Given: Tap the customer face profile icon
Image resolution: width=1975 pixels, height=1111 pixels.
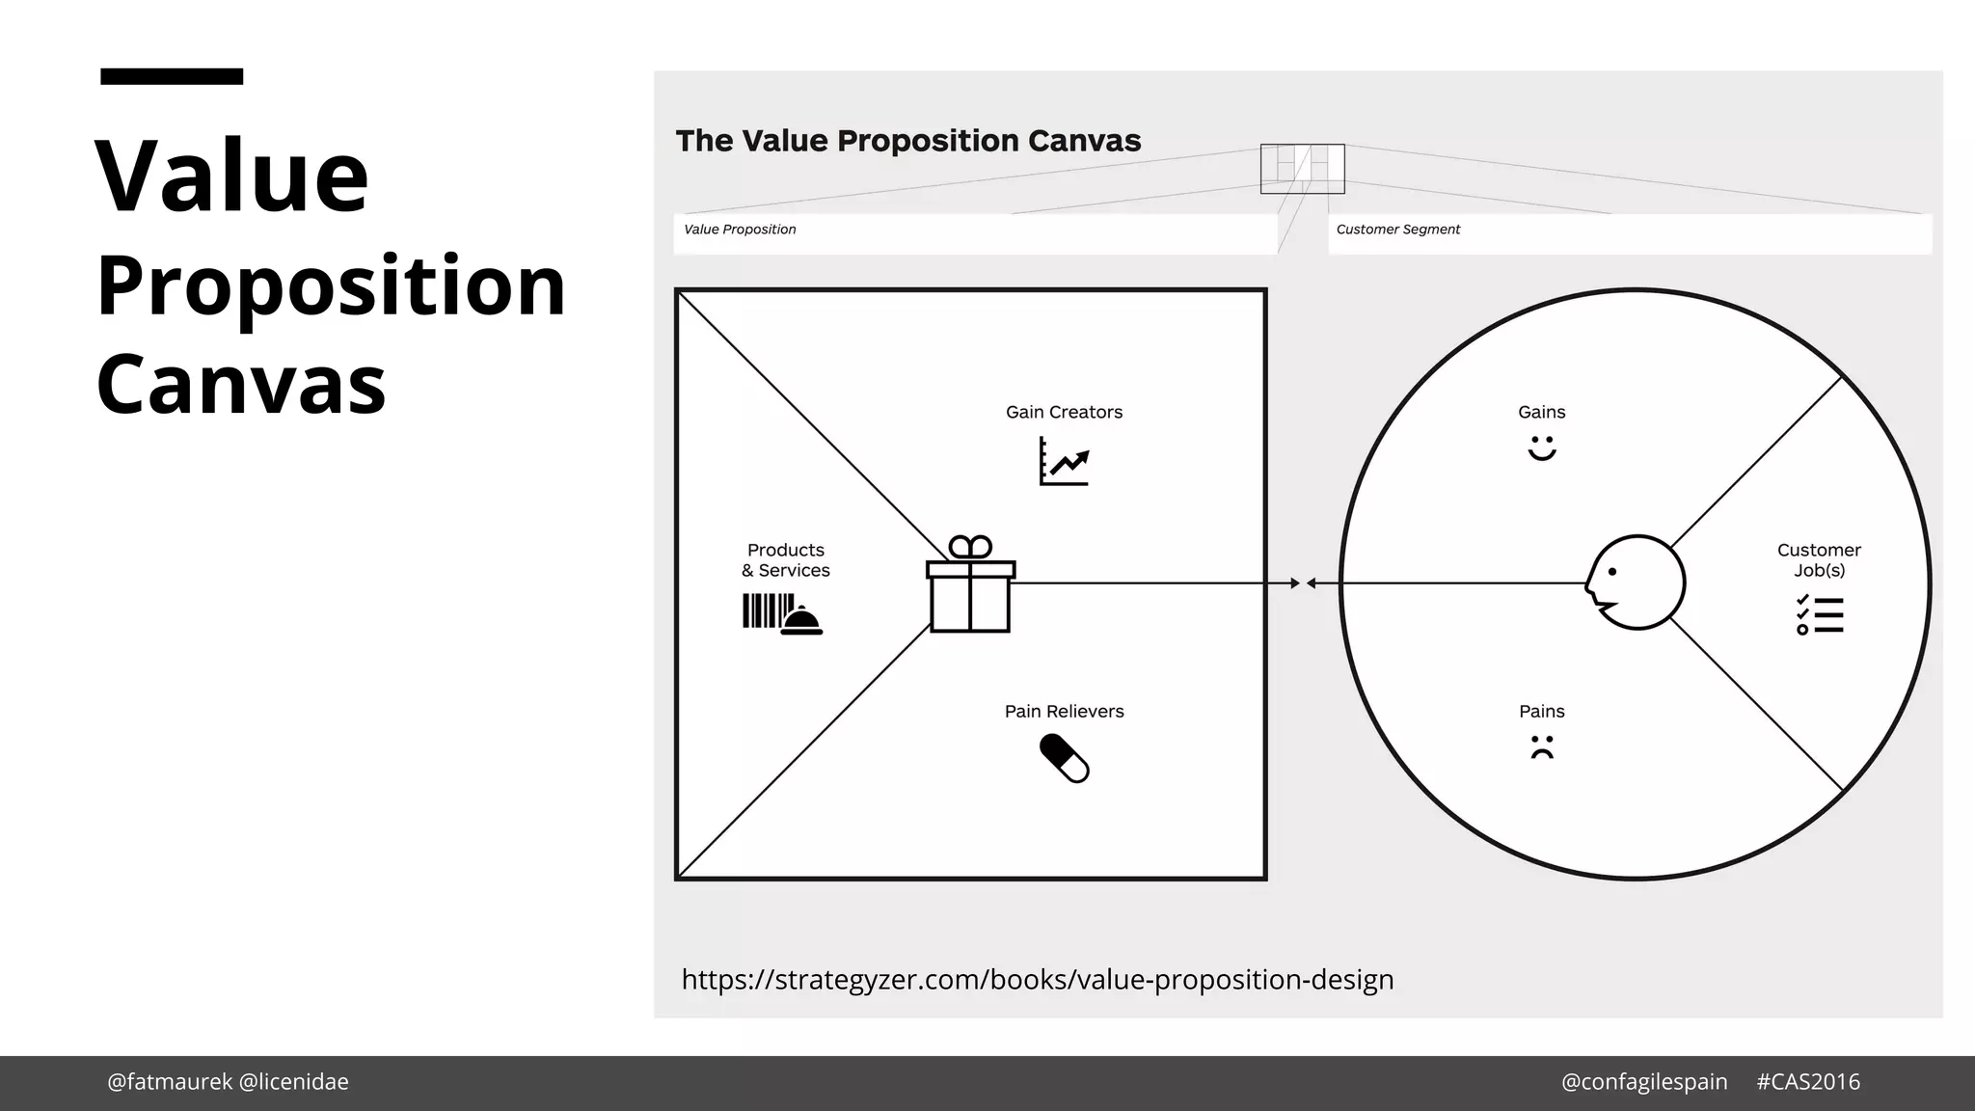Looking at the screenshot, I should [1636, 583].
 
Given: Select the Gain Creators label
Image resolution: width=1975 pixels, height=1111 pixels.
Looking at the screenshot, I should [1064, 412].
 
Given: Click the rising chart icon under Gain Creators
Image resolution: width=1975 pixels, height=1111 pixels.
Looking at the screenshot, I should [1064, 461].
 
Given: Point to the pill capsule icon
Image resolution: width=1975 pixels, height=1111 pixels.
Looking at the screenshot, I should [1064, 758].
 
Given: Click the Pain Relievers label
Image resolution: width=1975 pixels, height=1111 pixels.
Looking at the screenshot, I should [1064, 711].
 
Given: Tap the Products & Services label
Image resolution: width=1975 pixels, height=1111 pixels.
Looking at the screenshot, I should [785, 559].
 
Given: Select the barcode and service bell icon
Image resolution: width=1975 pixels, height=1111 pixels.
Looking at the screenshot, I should [782, 614].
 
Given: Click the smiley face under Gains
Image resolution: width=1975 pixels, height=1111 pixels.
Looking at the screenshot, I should [1541, 448].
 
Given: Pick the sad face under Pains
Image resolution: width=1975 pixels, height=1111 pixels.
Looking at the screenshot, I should [1541, 747].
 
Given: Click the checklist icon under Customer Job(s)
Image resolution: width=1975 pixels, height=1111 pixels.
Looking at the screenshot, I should [1819, 615].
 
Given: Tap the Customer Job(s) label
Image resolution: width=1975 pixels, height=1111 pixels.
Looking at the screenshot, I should [1819, 559].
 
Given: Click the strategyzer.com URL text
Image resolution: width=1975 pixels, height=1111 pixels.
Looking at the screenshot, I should [1037, 980].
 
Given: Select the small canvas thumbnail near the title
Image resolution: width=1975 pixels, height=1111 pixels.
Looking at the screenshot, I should [1302, 169].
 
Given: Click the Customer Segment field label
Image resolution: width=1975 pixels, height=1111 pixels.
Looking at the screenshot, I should [1397, 230].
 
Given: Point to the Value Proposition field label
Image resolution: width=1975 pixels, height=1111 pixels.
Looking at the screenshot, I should [740, 230].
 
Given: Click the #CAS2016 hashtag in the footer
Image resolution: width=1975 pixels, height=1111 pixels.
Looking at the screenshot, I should [1807, 1082].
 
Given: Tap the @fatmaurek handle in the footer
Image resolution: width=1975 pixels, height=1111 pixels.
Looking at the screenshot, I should [170, 1082].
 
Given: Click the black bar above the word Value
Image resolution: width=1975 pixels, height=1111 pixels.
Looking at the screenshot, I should [172, 76].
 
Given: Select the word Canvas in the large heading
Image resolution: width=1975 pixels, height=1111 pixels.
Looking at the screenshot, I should [241, 384].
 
